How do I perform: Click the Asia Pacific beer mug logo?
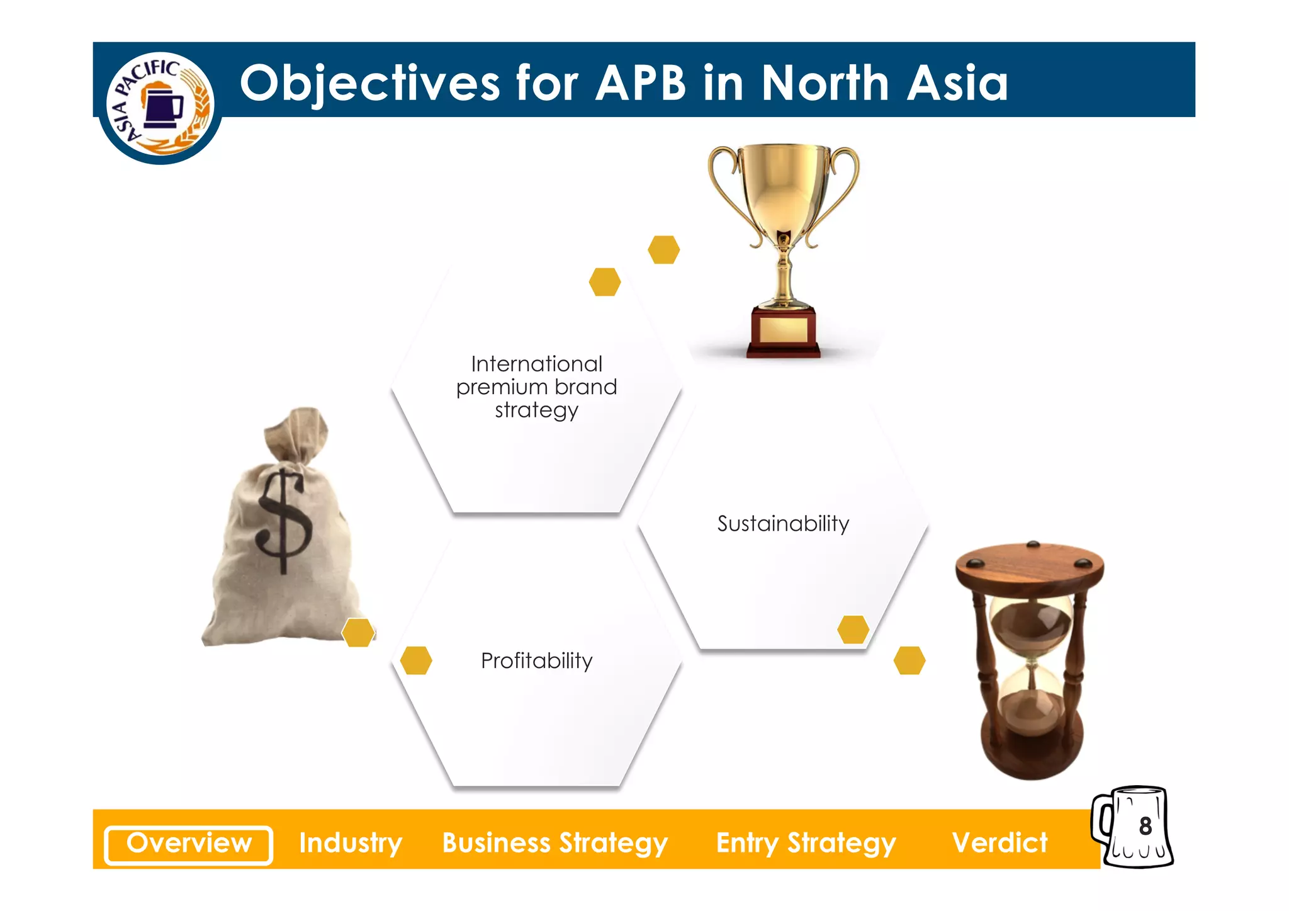(x=160, y=105)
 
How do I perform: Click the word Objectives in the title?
(x=370, y=83)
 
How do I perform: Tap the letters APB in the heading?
(x=640, y=83)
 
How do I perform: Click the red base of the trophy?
(x=783, y=332)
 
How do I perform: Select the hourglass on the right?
(x=1030, y=661)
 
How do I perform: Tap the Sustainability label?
(x=783, y=524)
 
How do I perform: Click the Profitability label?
(x=537, y=661)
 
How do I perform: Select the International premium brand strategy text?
(x=537, y=387)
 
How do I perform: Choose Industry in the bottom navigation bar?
(x=351, y=844)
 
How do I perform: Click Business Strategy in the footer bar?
(x=554, y=844)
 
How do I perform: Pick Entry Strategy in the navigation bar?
(x=806, y=844)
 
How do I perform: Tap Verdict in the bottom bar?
(x=999, y=844)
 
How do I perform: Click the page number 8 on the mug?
(x=1145, y=826)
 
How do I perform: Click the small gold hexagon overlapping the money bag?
(x=358, y=632)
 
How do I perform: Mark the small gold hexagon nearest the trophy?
(x=664, y=250)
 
